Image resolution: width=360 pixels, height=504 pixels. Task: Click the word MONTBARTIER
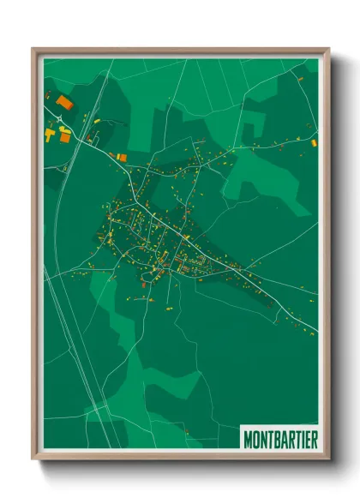[x=280, y=438]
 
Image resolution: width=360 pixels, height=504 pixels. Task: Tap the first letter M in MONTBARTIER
[x=249, y=438]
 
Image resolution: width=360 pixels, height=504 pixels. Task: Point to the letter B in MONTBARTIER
[x=276, y=438]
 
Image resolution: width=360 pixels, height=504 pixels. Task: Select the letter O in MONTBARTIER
[x=256, y=438]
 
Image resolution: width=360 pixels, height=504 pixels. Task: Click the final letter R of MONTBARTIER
[x=314, y=438]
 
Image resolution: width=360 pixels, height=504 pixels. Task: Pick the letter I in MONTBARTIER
[x=303, y=438]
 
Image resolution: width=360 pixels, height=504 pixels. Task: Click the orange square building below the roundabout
[x=121, y=157]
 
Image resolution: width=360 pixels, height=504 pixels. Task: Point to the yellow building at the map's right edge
[x=314, y=142]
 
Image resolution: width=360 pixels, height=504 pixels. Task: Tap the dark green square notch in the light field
[x=250, y=131]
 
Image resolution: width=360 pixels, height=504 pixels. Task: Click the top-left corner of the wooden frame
[x=33, y=49]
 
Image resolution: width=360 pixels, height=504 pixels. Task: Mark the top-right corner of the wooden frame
[x=328, y=49]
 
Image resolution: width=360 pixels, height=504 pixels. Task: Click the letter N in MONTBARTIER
[x=263, y=438]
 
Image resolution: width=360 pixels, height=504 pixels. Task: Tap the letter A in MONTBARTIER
[x=283, y=438]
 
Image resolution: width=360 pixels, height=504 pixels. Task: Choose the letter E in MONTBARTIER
[x=308, y=438]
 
